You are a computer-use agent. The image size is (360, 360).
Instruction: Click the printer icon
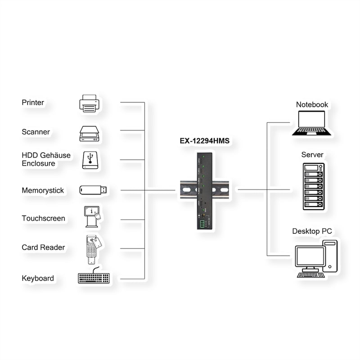[89, 103]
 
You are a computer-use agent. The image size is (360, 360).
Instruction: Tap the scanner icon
[89, 133]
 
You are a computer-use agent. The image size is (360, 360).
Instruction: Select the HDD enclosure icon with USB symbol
[90, 160]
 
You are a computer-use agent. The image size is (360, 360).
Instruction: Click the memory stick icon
[93, 190]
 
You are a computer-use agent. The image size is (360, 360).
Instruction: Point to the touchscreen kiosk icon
[92, 217]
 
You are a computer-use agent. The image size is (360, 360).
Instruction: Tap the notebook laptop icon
[311, 123]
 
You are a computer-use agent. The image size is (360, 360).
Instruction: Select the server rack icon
[313, 186]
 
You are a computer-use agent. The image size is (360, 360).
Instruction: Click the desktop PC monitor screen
[310, 256]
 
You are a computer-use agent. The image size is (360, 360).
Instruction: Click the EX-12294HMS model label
[205, 141]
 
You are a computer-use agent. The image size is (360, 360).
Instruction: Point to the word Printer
[33, 103]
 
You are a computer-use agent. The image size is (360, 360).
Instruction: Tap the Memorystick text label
[43, 190]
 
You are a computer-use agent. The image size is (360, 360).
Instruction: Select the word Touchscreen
[43, 218]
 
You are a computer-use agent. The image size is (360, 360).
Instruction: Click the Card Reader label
[43, 247]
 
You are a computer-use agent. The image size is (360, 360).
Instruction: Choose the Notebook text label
[312, 104]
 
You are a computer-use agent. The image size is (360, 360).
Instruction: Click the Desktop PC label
[312, 231]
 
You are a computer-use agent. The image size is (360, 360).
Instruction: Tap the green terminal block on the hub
[202, 224]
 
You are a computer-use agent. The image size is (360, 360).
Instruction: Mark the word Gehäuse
[56, 155]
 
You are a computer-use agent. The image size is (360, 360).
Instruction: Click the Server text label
[312, 154]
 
